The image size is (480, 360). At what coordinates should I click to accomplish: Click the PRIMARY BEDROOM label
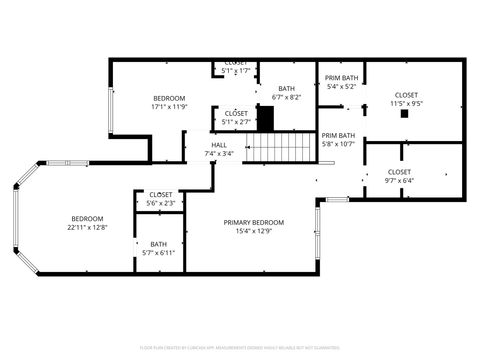tap(253, 222)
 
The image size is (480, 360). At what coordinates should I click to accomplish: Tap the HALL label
tap(218, 145)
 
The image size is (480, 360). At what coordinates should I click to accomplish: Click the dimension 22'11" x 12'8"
tap(87, 227)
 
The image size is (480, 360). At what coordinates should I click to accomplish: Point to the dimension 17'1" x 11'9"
tap(169, 106)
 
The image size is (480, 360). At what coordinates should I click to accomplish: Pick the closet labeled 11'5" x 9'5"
tap(405, 95)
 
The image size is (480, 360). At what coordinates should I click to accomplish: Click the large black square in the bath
tap(265, 117)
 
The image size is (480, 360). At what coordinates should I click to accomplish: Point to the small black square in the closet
tap(405, 114)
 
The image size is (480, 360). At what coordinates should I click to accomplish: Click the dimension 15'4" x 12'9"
tap(253, 231)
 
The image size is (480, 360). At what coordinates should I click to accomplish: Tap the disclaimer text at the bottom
tap(240, 348)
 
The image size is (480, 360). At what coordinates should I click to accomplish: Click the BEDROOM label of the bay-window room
tap(87, 218)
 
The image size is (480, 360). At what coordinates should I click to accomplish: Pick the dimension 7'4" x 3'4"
tap(218, 153)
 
